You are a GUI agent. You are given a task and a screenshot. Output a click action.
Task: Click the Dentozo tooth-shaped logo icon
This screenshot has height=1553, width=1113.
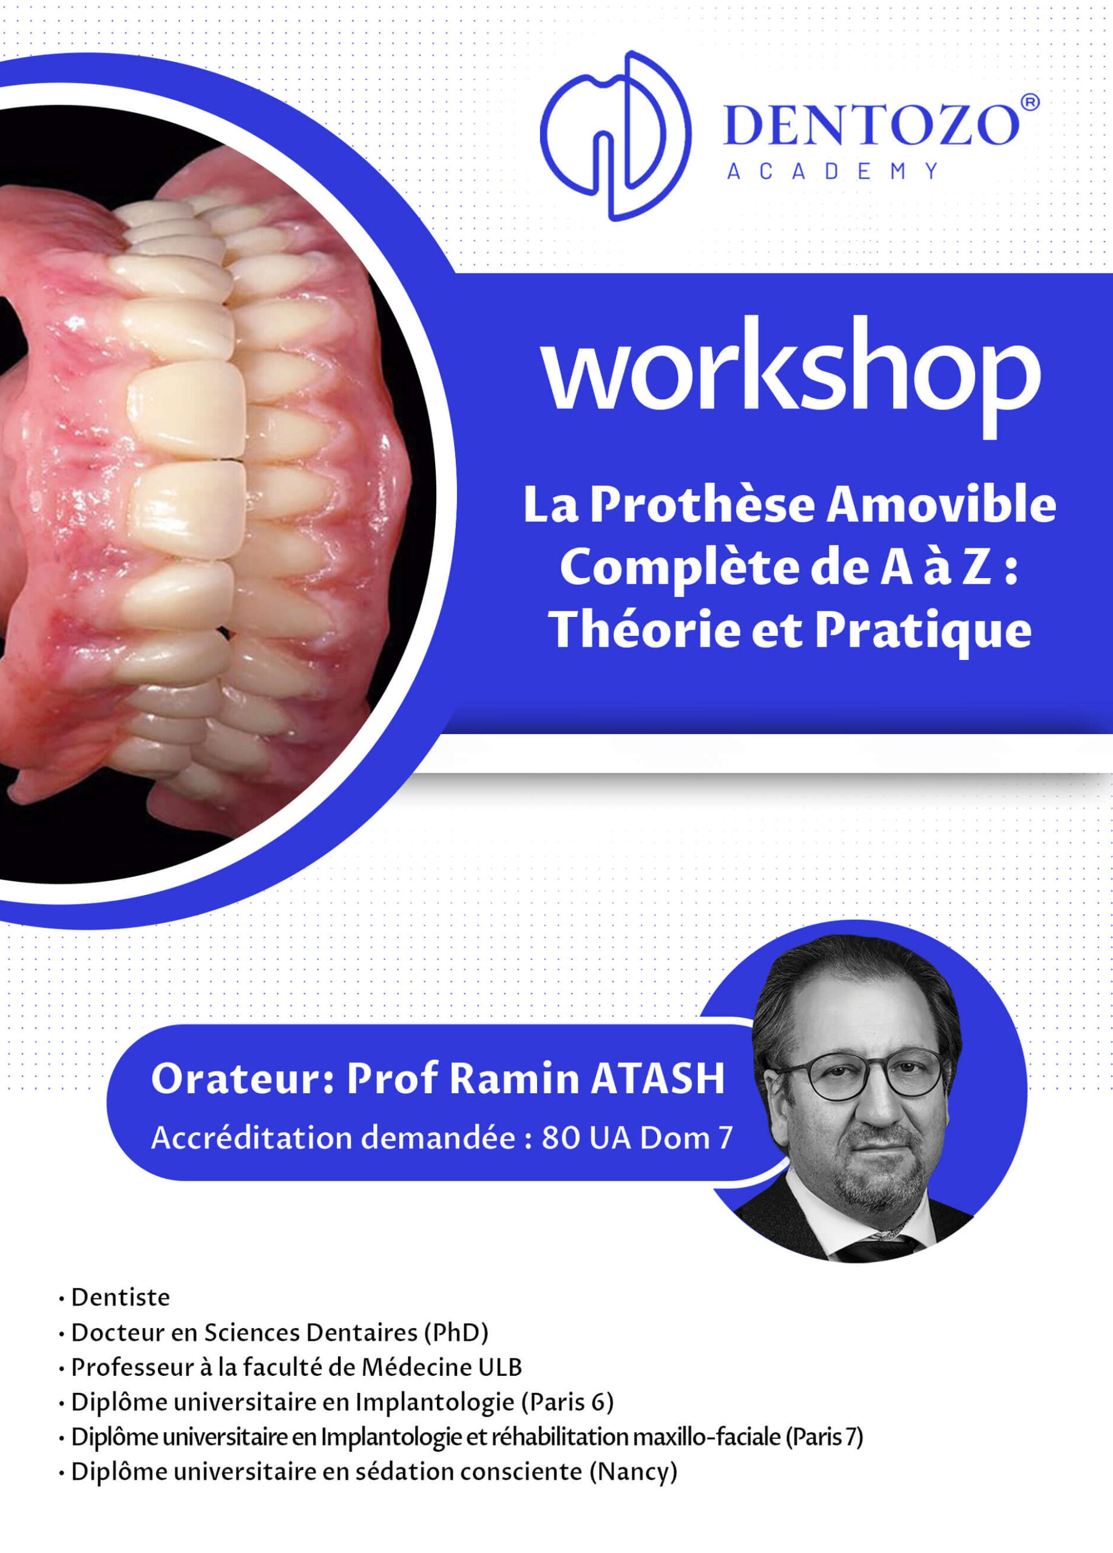[615, 135]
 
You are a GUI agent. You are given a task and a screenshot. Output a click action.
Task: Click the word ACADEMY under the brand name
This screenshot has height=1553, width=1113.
[832, 171]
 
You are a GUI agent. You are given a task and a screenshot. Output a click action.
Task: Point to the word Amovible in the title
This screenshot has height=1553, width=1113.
[941, 505]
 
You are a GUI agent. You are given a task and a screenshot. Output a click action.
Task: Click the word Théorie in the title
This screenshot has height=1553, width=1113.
[644, 629]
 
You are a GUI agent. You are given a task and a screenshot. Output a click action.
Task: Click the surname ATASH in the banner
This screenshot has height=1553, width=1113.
[657, 1079]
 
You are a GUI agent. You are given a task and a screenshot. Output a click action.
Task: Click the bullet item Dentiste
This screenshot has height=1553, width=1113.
[121, 1298]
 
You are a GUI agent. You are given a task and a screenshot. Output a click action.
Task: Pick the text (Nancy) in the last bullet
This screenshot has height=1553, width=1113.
[634, 1472]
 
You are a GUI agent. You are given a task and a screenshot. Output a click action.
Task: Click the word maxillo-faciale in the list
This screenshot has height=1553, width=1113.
[707, 1437]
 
